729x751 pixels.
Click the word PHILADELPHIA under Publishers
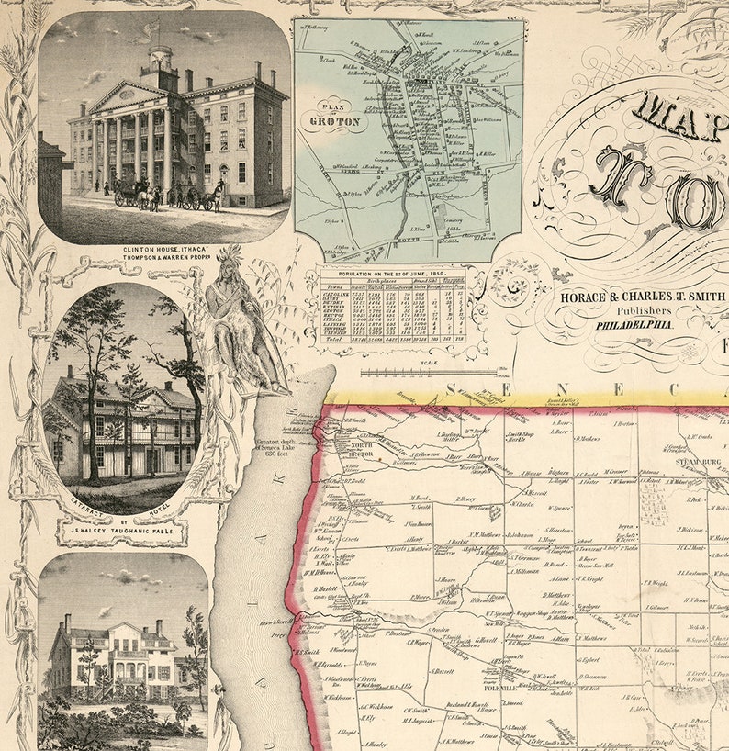(634, 324)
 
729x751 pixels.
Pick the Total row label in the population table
(333, 339)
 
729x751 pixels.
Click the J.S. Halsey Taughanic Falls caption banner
(108, 528)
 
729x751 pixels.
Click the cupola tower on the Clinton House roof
(162, 66)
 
